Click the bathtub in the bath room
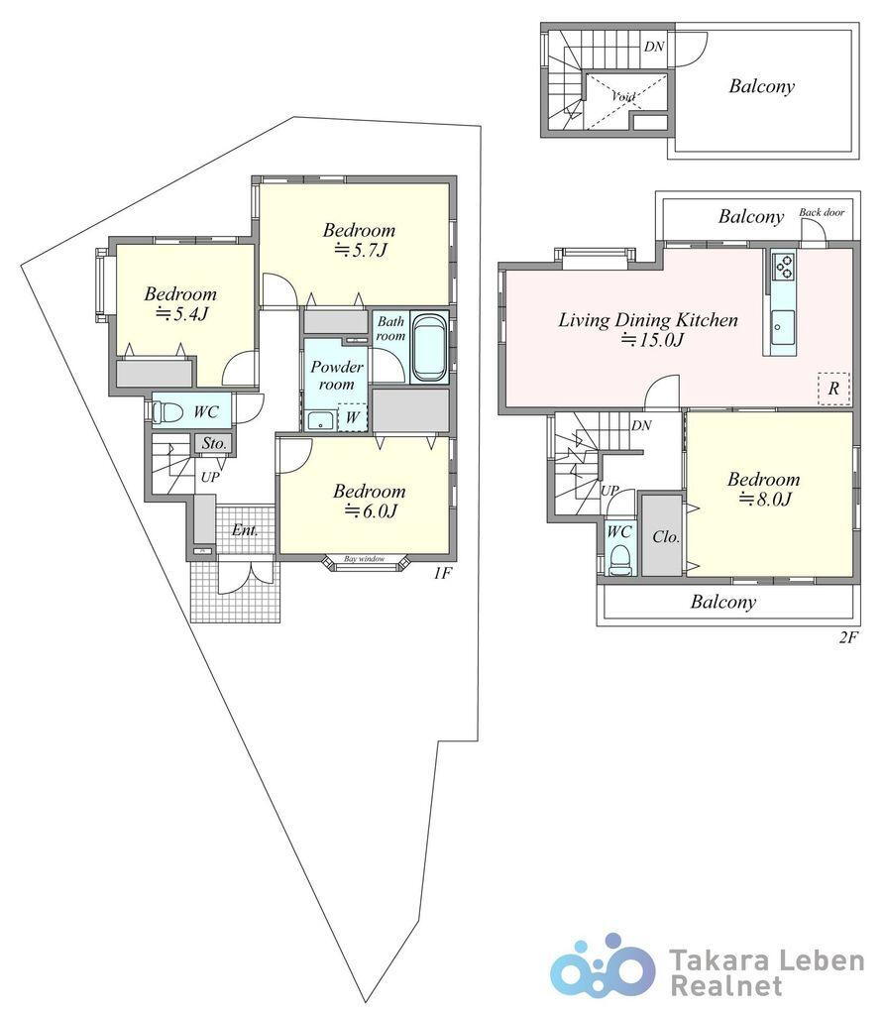click(430, 347)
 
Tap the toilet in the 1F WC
click(168, 411)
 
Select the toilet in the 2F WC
click(620, 561)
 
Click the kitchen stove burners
click(783, 266)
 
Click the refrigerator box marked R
click(833, 389)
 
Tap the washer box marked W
click(353, 417)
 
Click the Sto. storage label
click(214, 443)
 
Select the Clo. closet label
click(665, 536)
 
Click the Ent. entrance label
click(245, 530)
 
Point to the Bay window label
click(365, 559)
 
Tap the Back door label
click(822, 212)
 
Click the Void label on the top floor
click(623, 96)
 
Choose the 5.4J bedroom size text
click(181, 314)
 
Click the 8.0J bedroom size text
click(766, 500)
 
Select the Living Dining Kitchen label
click(648, 319)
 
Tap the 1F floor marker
click(441, 573)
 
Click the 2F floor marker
click(848, 637)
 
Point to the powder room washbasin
click(320, 420)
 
